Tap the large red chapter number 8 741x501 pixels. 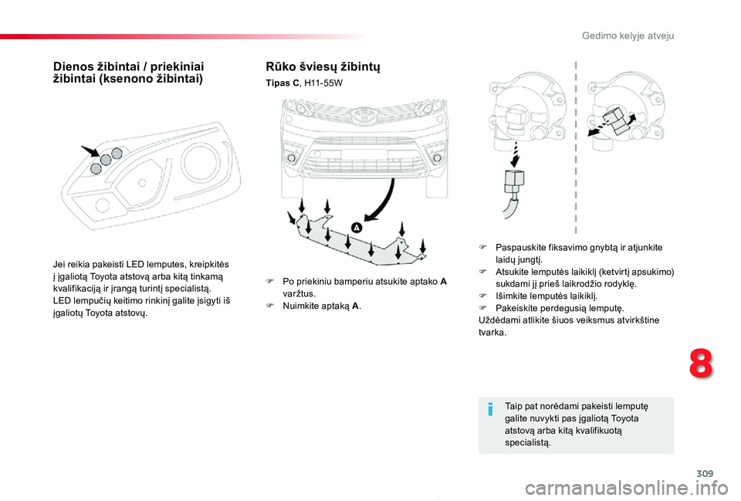pyautogui.click(x=700, y=362)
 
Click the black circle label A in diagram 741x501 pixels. pyautogui.click(x=357, y=228)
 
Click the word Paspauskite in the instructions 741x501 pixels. pyautogui.click(x=523, y=247)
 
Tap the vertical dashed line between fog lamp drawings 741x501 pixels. pyautogui.click(x=576, y=147)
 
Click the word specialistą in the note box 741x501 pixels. pyautogui.click(x=526, y=442)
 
